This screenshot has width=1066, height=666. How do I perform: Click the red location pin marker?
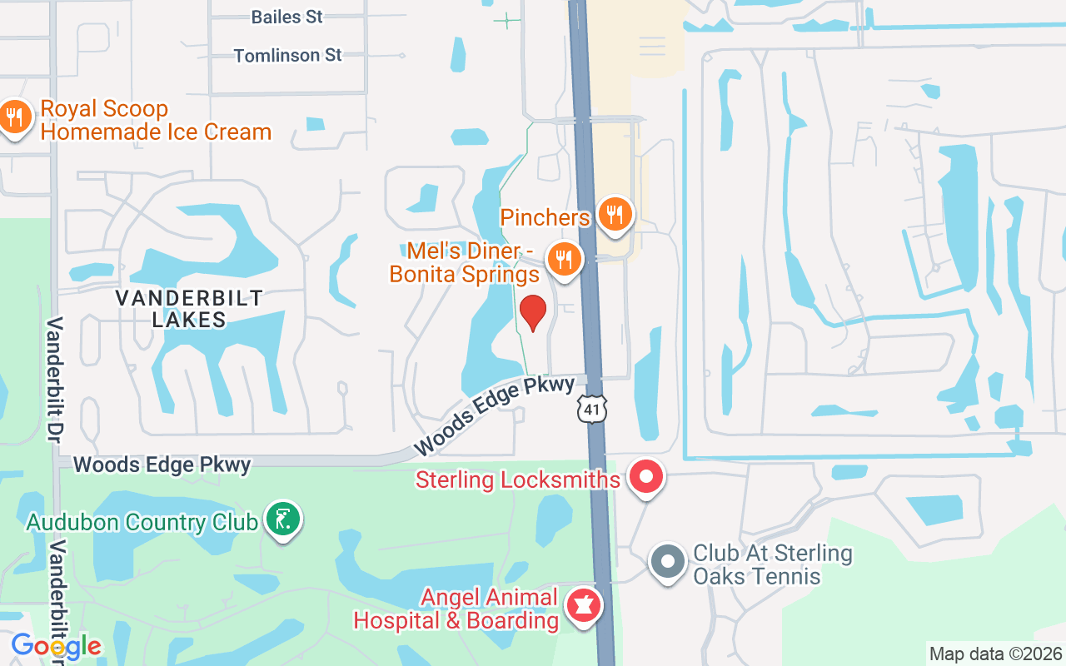(533, 313)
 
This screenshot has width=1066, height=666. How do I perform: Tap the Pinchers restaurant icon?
(615, 215)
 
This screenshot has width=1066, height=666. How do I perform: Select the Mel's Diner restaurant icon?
(564, 259)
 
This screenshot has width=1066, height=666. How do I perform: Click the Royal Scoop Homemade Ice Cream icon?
(14, 117)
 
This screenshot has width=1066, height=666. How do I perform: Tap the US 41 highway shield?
(591, 409)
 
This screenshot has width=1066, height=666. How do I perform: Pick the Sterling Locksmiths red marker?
(645, 478)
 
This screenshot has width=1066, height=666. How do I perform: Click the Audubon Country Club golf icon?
(283, 519)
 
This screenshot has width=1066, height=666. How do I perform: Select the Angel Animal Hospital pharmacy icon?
(584, 606)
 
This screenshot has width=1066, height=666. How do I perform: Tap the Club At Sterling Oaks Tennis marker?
(667, 561)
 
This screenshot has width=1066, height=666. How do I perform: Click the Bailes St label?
(286, 17)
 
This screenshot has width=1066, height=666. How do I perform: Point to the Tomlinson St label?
(287, 56)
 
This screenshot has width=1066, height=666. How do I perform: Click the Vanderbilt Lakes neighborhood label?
(189, 309)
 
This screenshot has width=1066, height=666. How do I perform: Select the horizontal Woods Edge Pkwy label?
(162, 465)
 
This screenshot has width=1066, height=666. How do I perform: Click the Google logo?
(56, 646)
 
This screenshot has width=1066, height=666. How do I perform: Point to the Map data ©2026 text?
(995, 654)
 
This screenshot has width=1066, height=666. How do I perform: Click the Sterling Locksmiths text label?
(517, 480)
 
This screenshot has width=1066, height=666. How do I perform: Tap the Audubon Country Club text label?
(142, 523)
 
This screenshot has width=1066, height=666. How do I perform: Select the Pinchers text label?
(545, 218)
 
